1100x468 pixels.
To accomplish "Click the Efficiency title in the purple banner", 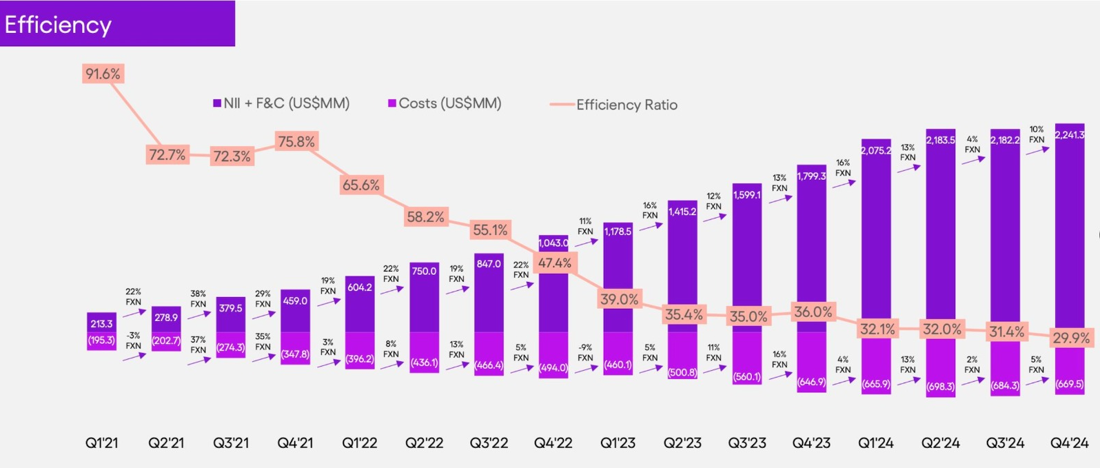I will click(x=59, y=25).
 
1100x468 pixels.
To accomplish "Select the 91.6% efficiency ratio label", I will click(x=103, y=74).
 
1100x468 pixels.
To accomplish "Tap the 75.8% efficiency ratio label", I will click(x=296, y=142).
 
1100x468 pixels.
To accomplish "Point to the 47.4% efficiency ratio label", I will click(x=555, y=263).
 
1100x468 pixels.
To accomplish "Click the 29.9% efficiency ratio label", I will click(x=1071, y=338).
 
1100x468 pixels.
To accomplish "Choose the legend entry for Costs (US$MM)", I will click(x=445, y=103).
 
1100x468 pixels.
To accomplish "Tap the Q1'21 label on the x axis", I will click(x=102, y=443).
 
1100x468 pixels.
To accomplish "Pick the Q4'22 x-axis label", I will click(x=553, y=443).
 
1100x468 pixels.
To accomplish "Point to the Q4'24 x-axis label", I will click(x=1069, y=443).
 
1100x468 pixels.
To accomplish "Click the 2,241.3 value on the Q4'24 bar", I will click(x=1070, y=135).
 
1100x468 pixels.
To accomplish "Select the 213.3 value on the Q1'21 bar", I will click(x=101, y=324).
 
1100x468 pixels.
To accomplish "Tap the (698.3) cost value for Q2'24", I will click(x=941, y=387).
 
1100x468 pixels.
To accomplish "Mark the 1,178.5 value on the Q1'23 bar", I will click(x=618, y=232).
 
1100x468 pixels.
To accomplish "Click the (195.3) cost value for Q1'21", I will click(x=101, y=340).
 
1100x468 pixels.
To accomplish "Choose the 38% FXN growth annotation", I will click(x=198, y=299).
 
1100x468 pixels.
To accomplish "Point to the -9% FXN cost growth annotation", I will click(x=585, y=353).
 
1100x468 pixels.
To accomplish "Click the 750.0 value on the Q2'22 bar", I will click(x=424, y=272).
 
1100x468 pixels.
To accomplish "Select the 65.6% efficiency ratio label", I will click(x=361, y=185).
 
